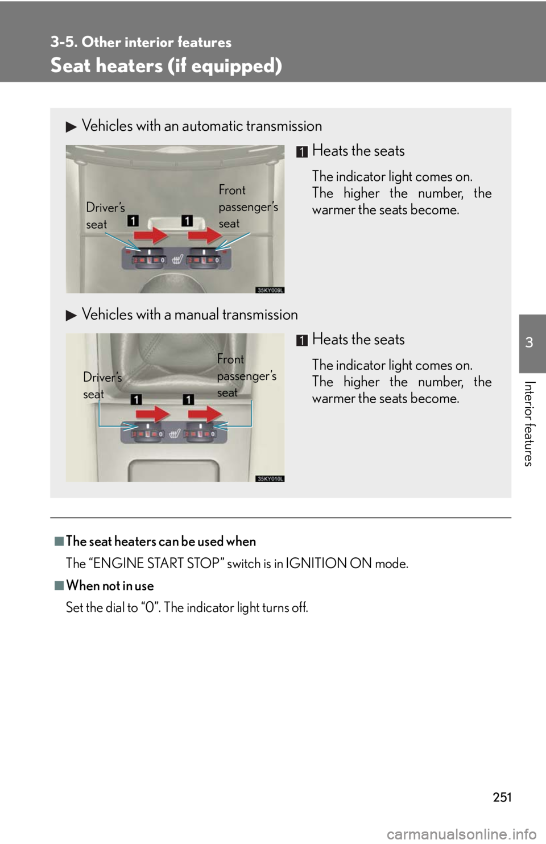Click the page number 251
pos(502,797)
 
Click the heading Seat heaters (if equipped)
pos(166,65)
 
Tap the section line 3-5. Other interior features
pos(141,42)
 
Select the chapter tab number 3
pos(530,343)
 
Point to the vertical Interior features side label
pos(529,424)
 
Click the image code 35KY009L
pos(270,289)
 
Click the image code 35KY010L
pos(270,478)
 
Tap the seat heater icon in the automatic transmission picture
pos(177,259)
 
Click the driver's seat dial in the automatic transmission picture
pos(149,258)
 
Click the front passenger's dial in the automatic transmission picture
pos(204,258)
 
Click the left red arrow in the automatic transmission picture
pos(151,236)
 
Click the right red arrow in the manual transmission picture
pos(205,414)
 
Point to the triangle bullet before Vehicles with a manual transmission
pos(71,316)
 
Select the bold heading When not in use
pos(110,586)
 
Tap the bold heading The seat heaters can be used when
pos(161,541)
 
